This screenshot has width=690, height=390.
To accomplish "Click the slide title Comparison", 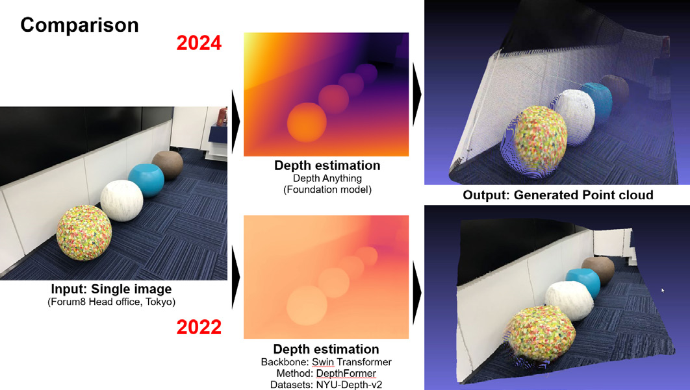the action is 79,25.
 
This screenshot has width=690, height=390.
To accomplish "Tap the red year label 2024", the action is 199,43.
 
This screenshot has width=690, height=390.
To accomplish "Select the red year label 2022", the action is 199,327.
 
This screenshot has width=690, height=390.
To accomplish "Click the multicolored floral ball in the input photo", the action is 84,232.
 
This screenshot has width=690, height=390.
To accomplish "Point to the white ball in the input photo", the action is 121,201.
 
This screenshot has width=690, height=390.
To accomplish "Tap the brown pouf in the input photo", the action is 167,165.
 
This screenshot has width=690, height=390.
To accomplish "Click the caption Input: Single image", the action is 111,289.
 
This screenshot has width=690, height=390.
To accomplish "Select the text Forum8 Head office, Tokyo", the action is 111,302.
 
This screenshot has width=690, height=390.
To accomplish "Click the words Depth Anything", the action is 327,178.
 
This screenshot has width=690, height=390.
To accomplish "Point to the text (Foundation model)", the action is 327,189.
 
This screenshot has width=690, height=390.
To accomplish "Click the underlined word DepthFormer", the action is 346,373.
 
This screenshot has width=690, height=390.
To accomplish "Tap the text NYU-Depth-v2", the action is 349,385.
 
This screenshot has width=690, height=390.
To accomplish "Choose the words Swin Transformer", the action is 351,362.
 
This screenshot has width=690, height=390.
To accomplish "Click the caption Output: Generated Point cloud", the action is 558,195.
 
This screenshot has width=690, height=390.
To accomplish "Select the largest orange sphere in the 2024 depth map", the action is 307,123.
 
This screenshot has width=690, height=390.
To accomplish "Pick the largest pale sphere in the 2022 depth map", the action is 307,305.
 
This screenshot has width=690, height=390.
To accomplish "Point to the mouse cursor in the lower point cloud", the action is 663,290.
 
